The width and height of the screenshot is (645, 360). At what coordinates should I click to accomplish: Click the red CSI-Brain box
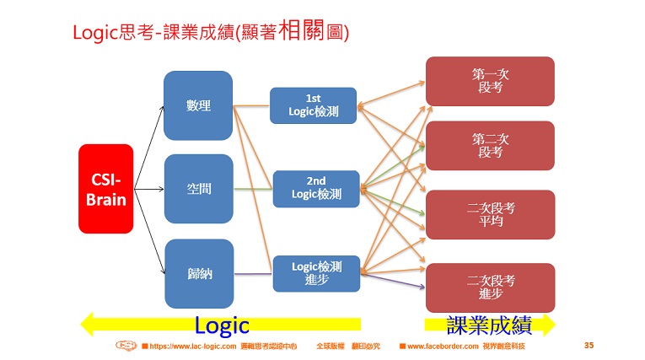[x=106, y=189]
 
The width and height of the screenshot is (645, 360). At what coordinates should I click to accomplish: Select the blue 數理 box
[x=197, y=105]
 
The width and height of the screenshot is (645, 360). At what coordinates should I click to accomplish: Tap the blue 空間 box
[x=197, y=189]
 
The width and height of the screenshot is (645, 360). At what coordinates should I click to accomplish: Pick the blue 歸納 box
[x=197, y=273]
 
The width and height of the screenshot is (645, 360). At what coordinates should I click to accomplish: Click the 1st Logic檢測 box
[x=313, y=105]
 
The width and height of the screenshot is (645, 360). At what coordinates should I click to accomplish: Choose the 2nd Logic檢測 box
[x=316, y=189]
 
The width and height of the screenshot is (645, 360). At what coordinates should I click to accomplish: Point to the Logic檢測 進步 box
[x=316, y=272]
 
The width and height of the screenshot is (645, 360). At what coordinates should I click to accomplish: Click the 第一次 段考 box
[x=490, y=81]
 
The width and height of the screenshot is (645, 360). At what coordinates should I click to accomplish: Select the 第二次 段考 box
[x=490, y=145]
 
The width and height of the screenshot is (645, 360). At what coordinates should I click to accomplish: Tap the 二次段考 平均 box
[x=490, y=214]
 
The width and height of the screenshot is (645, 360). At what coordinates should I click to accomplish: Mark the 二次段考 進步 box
[x=490, y=287]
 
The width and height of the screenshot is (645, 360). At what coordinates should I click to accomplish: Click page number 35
[x=589, y=346]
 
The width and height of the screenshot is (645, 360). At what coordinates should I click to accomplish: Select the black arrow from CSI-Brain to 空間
[x=148, y=189]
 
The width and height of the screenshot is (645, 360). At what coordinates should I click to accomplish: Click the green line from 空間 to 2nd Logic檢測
[x=252, y=189]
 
